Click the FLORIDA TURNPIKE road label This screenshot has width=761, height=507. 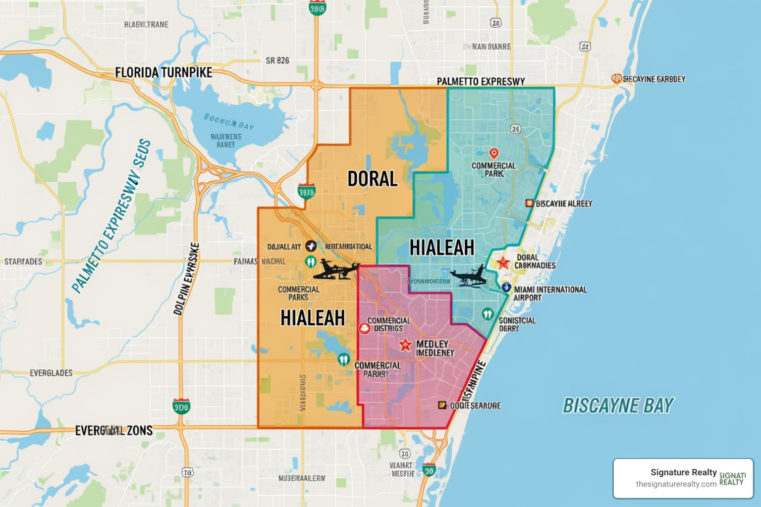pyautogui.click(x=163, y=73)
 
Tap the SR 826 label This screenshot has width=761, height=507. pyautogui.click(x=277, y=60)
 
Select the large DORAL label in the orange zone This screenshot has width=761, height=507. pyautogui.click(x=373, y=179)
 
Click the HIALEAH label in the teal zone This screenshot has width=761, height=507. pyautogui.click(x=442, y=248)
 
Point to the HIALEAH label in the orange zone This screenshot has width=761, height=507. pyautogui.click(x=313, y=318)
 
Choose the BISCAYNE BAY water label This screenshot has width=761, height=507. pyautogui.click(x=618, y=406)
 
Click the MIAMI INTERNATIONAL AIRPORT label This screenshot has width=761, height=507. pyautogui.click(x=550, y=294)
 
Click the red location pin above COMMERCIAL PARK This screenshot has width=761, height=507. pyautogui.click(x=493, y=153)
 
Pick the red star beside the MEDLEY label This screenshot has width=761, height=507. pyautogui.click(x=405, y=345)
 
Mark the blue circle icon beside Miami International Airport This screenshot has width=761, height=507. pyautogui.click(x=506, y=287)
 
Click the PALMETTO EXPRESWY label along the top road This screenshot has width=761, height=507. pyautogui.click(x=481, y=81)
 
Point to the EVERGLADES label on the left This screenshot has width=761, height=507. pyautogui.click(x=51, y=373)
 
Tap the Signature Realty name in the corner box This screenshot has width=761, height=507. pyautogui.click(x=684, y=472)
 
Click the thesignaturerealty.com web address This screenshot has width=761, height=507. pyautogui.click(x=676, y=484)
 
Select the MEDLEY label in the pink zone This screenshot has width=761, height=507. pyautogui.click(x=433, y=344)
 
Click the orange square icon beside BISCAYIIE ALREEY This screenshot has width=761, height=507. pyautogui.click(x=529, y=203)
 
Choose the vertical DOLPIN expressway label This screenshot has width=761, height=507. pyautogui.click(x=186, y=279)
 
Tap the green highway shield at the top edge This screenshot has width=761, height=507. pyautogui.click(x=317, y=8)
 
